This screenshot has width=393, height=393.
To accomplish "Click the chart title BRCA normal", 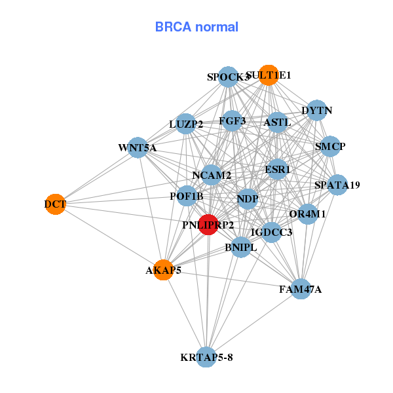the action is click(196, 28).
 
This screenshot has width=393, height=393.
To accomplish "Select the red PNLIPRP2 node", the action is click(208, 224).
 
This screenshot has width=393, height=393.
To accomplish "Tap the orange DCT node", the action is click(56, 204).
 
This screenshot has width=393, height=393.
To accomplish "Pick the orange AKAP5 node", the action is click(163, 270).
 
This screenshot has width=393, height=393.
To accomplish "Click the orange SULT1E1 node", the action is click(267, 75).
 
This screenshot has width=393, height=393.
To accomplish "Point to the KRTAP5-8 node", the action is click(207, 357).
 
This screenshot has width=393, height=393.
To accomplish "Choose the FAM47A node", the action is click(300, 288).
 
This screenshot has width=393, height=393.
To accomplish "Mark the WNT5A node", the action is click(138, 147).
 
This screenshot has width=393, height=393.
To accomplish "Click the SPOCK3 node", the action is click(227, 77).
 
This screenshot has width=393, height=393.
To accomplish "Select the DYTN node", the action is click(316, 111).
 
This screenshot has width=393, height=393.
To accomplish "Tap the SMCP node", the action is click(330, 146).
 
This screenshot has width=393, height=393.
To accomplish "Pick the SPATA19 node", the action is click(337, 185).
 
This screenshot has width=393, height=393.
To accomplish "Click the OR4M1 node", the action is click(307, 214).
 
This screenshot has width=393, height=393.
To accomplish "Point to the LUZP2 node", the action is click(186, 124).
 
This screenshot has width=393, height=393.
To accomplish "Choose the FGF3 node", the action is click(233, 121).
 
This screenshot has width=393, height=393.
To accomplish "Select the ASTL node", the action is click(278, 122).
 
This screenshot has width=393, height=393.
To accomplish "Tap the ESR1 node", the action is click(278, 169).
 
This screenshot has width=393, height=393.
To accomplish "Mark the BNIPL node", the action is click(241, 248).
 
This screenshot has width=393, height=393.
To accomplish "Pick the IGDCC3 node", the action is click(272, 232).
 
